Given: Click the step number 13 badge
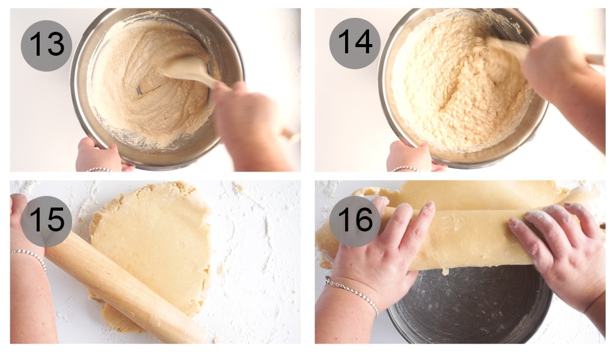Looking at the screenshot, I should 47,45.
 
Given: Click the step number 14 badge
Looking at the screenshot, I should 354,43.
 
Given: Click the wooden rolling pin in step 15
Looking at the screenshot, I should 122,288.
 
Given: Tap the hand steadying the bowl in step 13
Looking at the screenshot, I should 98,156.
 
